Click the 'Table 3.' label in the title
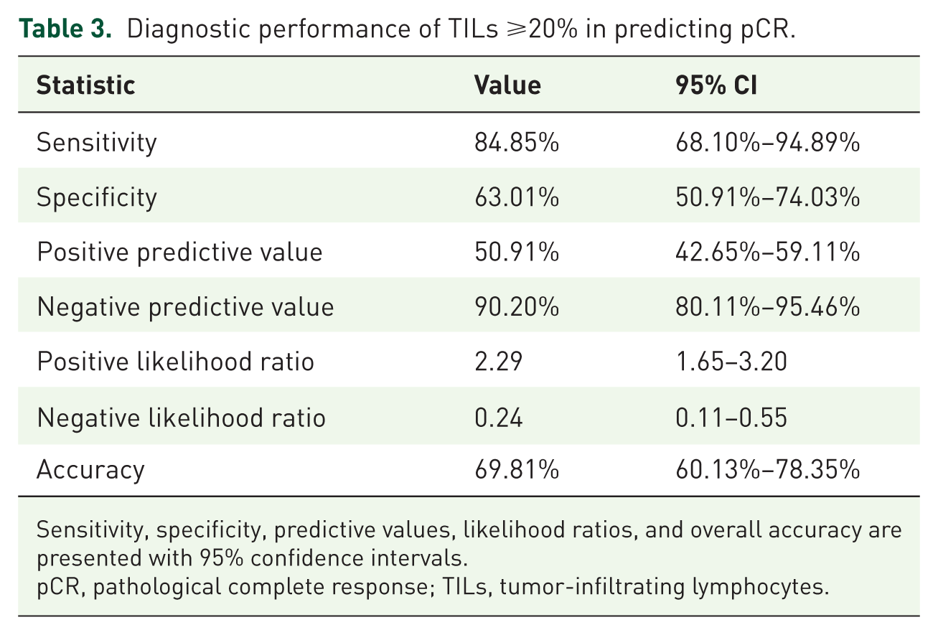tap(65, 29)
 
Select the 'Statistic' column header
tap(86, 85)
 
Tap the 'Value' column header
tap(507, 85)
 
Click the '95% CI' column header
tap(716, 85)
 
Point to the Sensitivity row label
tap(97, 144)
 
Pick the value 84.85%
tap(517, 142)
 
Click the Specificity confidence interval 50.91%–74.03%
tap(768, 197)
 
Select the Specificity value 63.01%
tap(517, 197)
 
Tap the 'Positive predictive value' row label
tap(179, 253)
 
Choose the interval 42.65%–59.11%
tap(768, 252)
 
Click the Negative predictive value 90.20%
tap(517, 306)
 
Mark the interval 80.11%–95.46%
tap(768, 306)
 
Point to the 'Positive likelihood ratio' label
tap(175, 361)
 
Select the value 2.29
tap(498, 361)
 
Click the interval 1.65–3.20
tap(731, 361)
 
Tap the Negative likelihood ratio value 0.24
tap(498, 418)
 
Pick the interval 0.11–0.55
tap(731, 418)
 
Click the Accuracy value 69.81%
tap(517, 469)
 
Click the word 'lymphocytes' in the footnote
tap(760, 587)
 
